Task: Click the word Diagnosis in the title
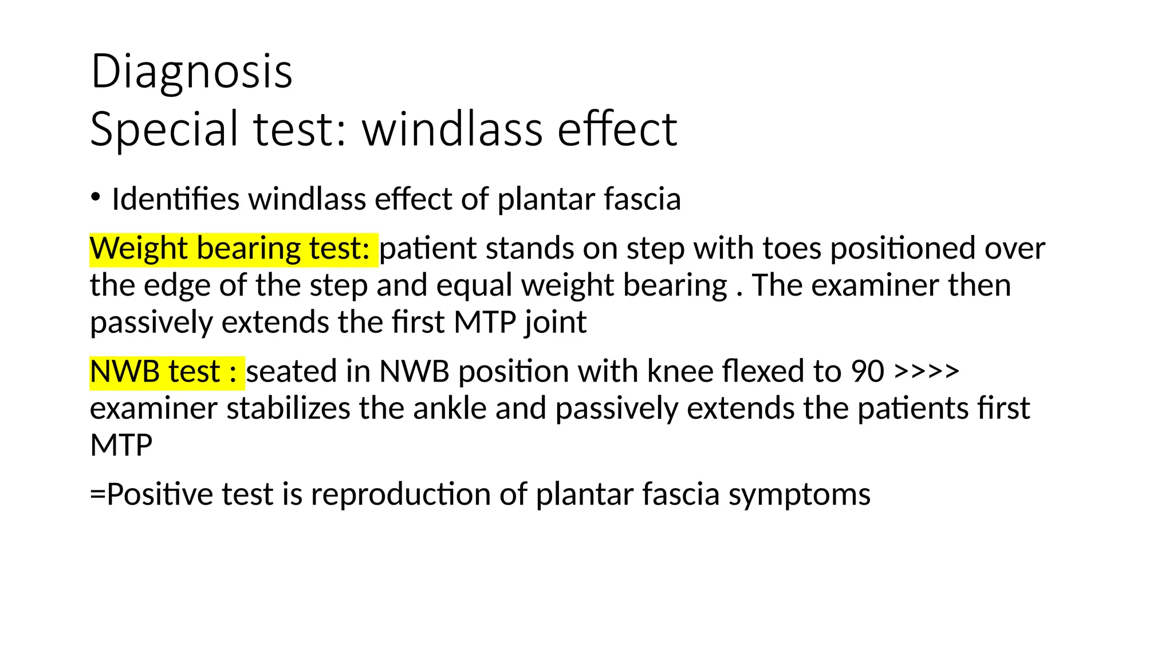(191, 72)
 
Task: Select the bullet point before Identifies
(96, 197)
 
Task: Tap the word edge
(177, 286)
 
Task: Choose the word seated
(291, 372)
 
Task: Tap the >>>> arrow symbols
(926, 371)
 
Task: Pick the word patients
(912, 408)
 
